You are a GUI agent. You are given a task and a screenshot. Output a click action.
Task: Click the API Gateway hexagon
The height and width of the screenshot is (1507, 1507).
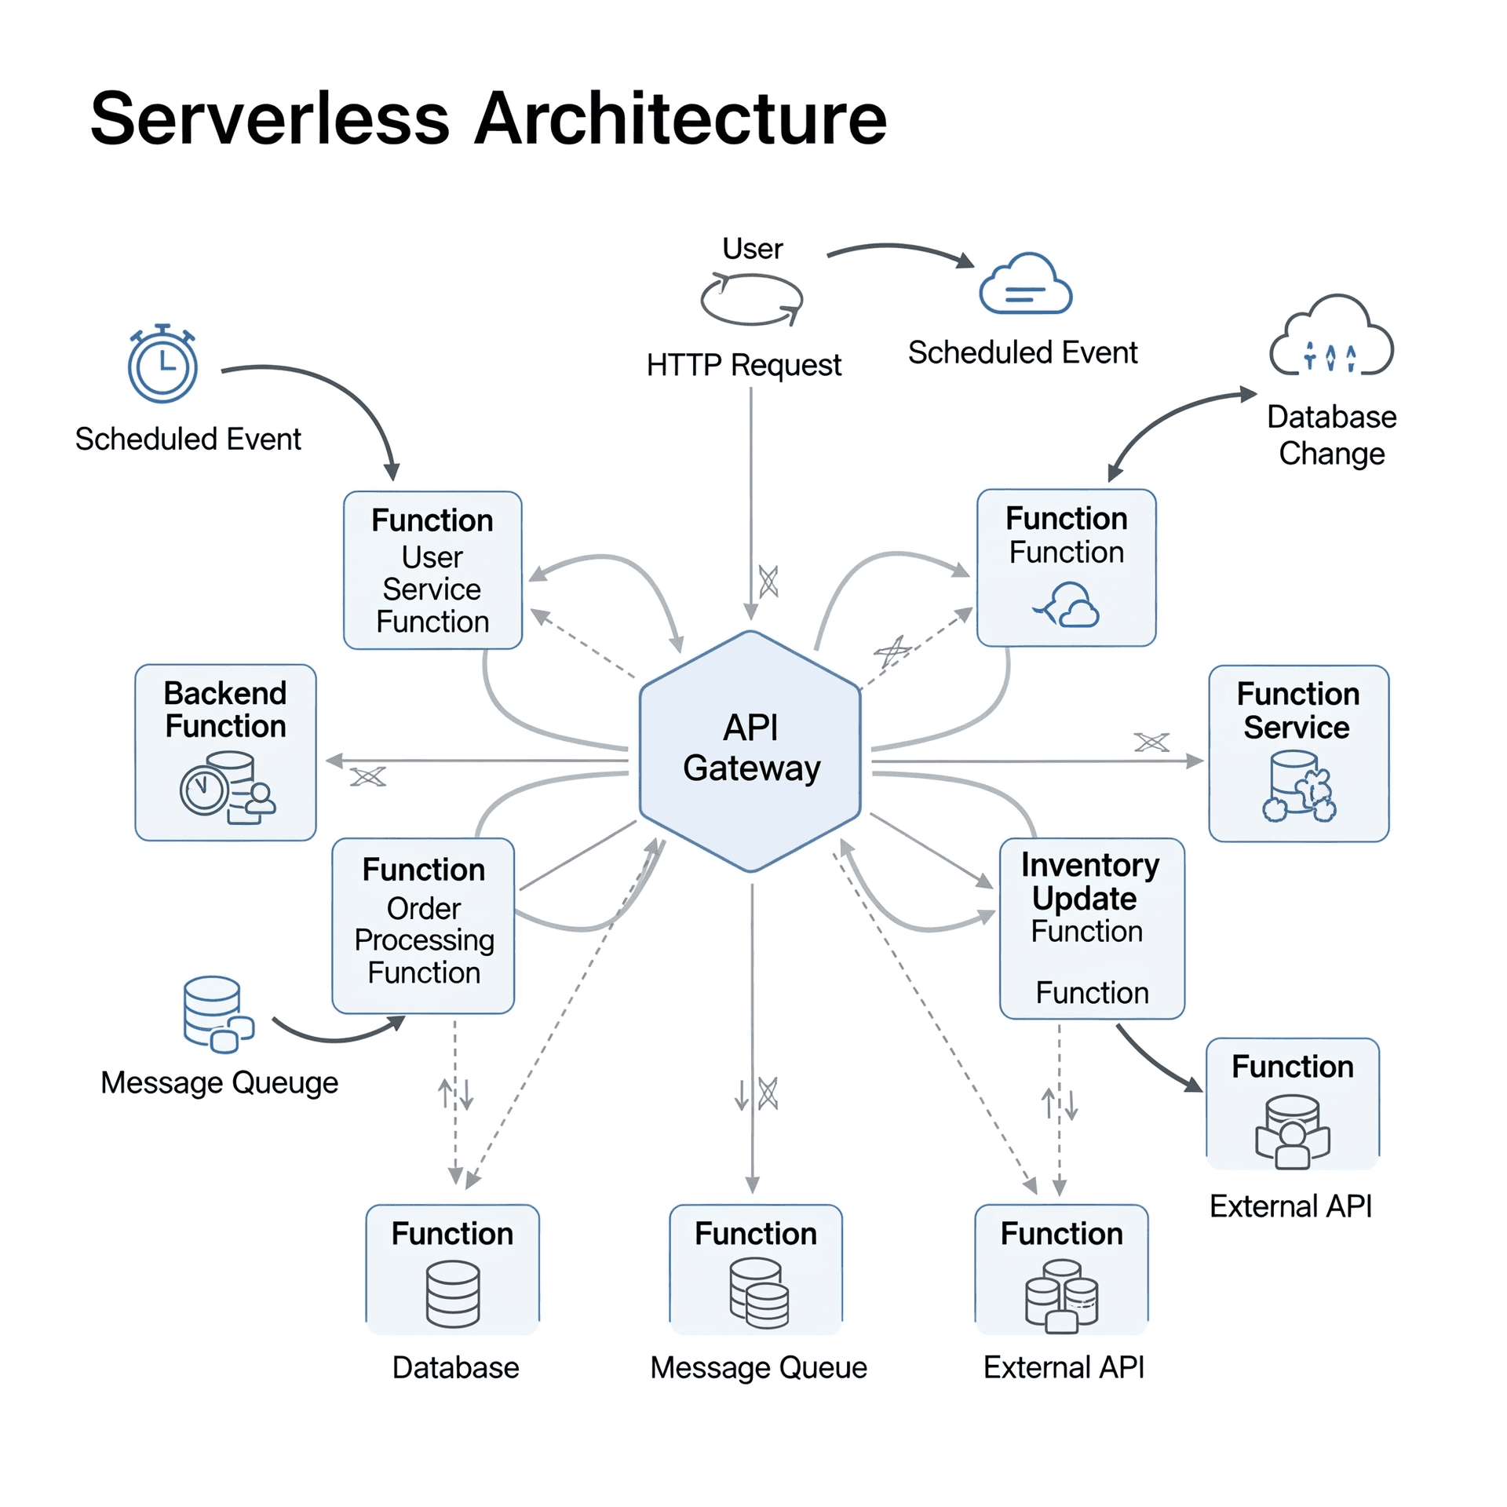pyautogui.click(x=750, y=750)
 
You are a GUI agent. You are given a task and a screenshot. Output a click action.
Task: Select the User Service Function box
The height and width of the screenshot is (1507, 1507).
pyautogui.click(x=432, y=570)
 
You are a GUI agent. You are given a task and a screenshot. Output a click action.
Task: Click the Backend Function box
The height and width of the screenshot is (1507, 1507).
pyautogui.click(x=225, y=752)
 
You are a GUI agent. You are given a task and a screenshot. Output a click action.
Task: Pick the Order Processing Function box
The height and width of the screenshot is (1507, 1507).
pyautogui.click(x=423, y=925)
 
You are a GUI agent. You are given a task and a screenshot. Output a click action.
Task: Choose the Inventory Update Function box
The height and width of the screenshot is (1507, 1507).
pyautogui.click(x=1091, y=928)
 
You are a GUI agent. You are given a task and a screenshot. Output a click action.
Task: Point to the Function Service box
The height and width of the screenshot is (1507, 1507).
pyautogui.click(x=1297, y=753)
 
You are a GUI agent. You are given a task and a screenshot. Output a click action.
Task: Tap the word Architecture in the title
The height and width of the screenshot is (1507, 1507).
pyautogui.click(x=681, y=119)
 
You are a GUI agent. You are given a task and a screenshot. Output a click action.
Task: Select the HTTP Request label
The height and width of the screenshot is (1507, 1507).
pyautogui.click(x=743, y=365)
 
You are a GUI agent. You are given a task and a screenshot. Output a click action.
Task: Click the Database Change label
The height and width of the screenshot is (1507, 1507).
pyautogui.click(x=1330, y=435)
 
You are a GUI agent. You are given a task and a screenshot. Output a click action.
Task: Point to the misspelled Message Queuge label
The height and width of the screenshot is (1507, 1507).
pyautogui.click(x=219, y=1082)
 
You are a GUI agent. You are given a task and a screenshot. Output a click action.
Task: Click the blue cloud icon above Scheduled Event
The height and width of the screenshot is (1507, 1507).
pyautogui.click(x=1025, y=284)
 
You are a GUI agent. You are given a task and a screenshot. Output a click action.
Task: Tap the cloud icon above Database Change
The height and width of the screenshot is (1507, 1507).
pyautogui.click(x=1330, y=338)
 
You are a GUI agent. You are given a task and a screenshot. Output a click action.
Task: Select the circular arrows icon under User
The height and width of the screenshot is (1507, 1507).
pyautogui.click(x=751, y=299)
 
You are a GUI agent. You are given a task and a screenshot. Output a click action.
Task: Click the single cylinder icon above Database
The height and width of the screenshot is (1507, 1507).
pyautogui.click(x=452, y=1294)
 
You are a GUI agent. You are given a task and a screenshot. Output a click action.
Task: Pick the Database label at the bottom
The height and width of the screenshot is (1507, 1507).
pyautogui.click(x=455, y=1367)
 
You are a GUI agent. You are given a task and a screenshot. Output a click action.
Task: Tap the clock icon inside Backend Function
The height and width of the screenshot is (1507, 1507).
pyautogui.click(x=204, y=789)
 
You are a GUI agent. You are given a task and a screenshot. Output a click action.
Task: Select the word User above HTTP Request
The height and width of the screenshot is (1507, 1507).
pyautogui.click(x=752, y=249)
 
